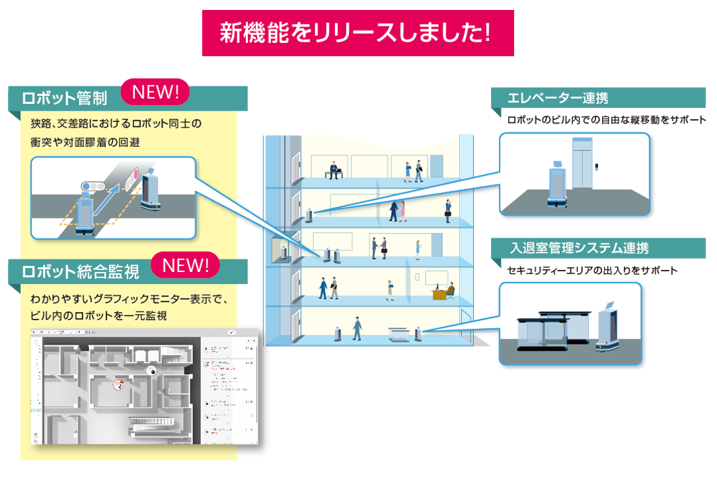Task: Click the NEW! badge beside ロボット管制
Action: click(x=156, y=93)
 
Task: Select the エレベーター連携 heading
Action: click(x=558, y=99)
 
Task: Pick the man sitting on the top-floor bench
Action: click(x=333, y=169)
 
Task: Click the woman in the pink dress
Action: click(x=417, y=249)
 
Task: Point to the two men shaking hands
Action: click(x=379, y=247)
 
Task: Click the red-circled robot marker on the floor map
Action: click(x=119, y=384)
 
